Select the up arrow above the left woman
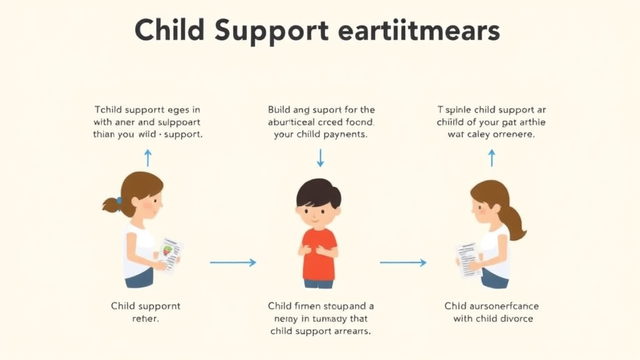click(x=147, y=157)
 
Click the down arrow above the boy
click(x=320, y=157)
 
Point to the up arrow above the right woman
click(x=491, y=157)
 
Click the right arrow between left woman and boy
click(x=232, y=262)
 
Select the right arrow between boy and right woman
click(x=403, y=262)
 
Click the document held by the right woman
click(x=469, y=258)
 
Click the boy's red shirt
click(x=319, y=253)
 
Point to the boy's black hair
click(x=319, y=191)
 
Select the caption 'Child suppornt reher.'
click(x=145, y=312)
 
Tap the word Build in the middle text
click(x=279, y=109)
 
